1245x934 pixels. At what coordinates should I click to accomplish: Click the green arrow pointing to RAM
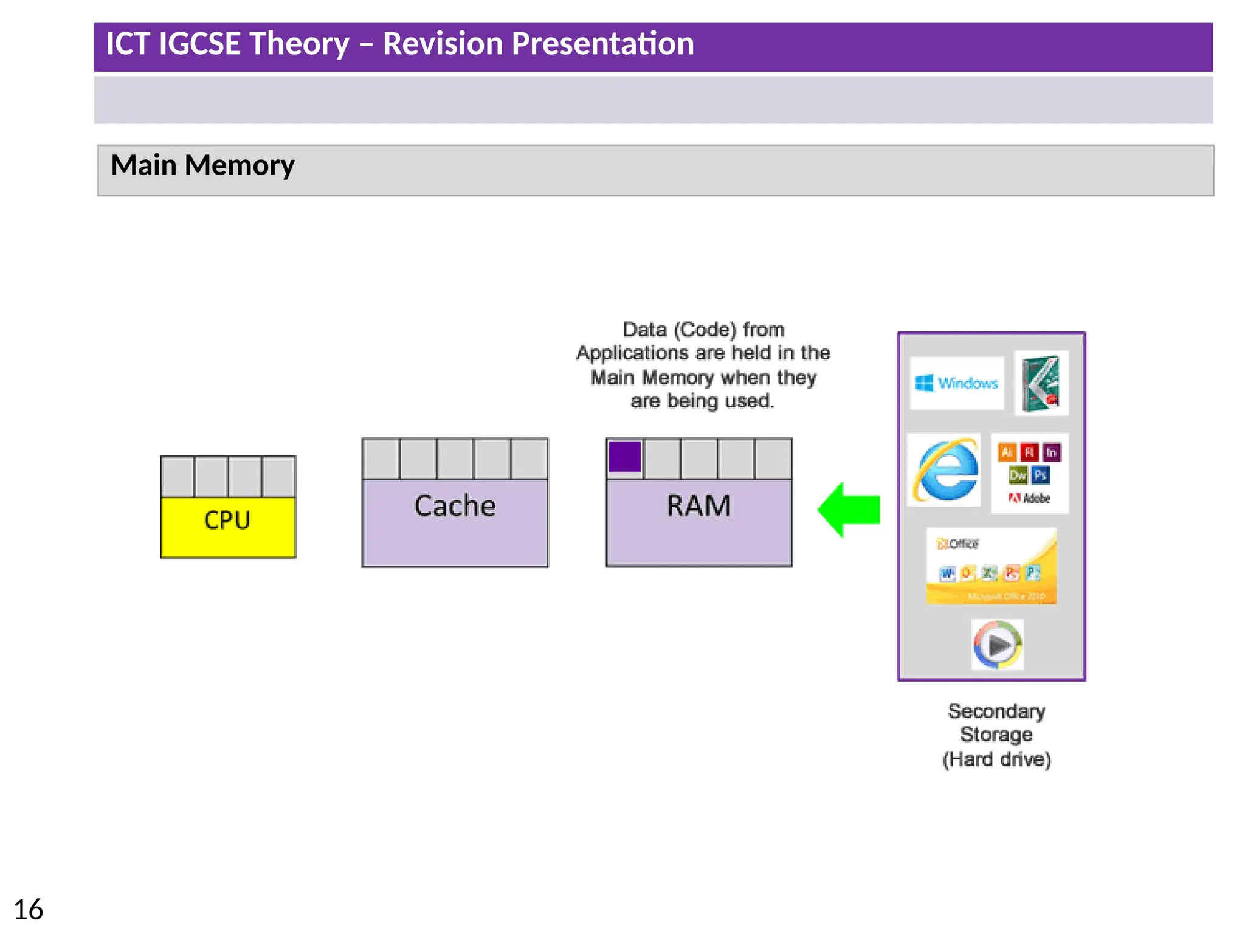coord(850,510)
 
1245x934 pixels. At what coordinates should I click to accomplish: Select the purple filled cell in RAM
coord(624,457)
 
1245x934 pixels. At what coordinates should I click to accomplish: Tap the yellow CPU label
coord(227,521)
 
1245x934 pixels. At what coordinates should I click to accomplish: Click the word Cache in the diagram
coord(455,506)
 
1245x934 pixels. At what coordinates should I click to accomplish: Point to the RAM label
coord(698,506)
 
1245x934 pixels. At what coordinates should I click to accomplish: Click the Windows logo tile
coord(956,383)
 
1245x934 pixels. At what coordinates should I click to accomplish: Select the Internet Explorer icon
coord(944,470)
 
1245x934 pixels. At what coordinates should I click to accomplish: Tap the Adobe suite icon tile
coord(1029,474)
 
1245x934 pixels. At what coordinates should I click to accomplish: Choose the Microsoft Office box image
coord(992,566)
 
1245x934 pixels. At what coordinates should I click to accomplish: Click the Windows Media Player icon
coord(997,645)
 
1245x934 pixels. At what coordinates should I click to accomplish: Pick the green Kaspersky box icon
coord(1041,384)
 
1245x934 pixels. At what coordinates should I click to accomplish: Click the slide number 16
coord(28,910)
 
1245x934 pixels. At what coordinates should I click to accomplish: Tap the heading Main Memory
coord(202,165)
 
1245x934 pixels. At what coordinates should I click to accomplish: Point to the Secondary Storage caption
coord(996,735)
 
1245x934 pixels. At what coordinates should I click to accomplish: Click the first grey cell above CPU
coord(178,477)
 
